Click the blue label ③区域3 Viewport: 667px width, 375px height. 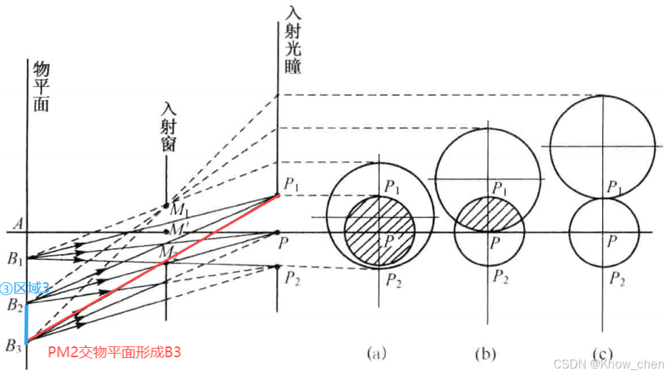(x=24, y=289)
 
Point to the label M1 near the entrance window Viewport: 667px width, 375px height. (x=178, y=210)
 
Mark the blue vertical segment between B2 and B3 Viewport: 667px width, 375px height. (x=27, y=324)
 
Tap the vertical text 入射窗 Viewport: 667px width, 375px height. (x=169, y=128)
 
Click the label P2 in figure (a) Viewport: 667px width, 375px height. (x=394, y=279)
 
